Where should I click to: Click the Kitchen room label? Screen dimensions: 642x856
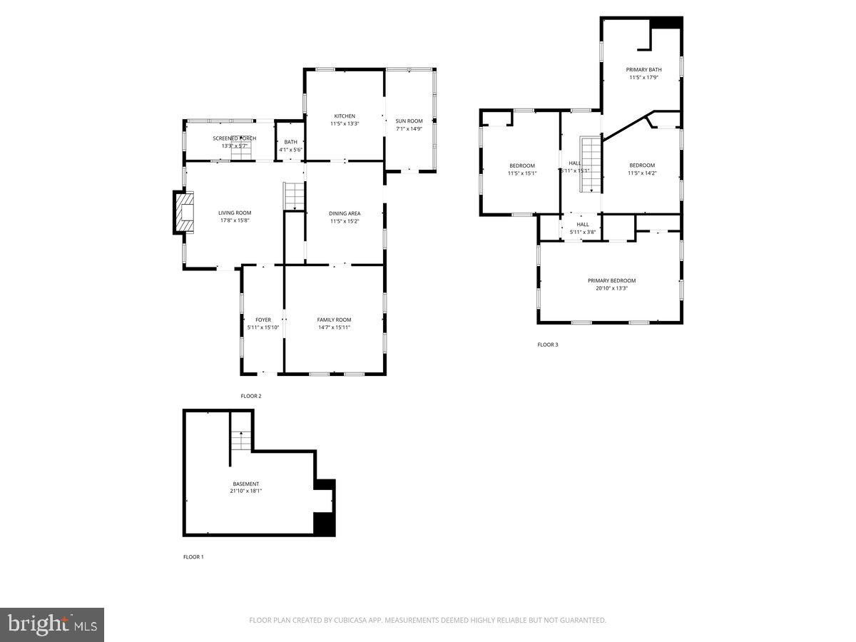point(345,116)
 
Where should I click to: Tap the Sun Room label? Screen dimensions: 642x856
point(409,121)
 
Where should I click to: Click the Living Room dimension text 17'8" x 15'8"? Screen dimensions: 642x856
point(235,220)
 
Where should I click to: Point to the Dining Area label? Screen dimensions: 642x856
point(345,213)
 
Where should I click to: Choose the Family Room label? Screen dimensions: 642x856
point(334,320)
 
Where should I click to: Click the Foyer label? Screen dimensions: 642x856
point(263,320)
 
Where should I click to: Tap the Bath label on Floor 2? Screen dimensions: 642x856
point(291,142)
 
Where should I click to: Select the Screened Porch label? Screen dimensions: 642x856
point(234,138)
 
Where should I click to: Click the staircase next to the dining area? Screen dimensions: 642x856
point(294,196)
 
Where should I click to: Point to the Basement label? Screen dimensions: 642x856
point(245,484)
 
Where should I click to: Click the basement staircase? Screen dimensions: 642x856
point(241,441)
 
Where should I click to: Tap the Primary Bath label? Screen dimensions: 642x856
point(643,70)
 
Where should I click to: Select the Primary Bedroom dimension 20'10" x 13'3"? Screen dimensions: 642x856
point(611,288)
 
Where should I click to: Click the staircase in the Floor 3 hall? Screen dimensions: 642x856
point(590,164)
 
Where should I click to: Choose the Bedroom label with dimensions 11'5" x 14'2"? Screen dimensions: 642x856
point(641,165)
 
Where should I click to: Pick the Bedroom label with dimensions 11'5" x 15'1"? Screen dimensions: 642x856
point(521,165)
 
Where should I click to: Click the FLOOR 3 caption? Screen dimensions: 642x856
point(548,345)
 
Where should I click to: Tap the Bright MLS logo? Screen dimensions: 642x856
point(52,625)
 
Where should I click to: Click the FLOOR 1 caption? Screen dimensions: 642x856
point(193,556)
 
